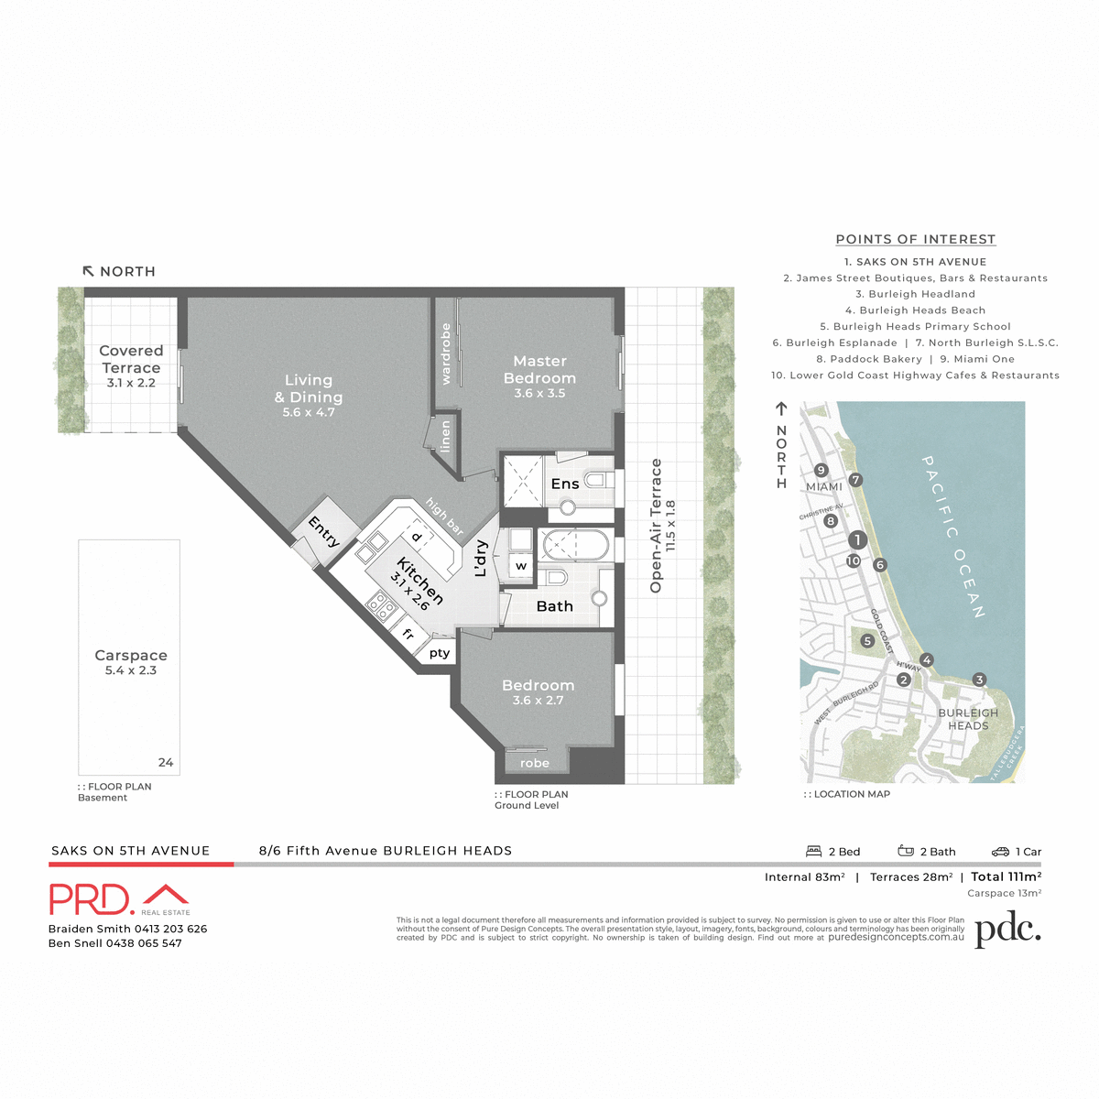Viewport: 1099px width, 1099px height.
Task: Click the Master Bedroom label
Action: pos(539,370)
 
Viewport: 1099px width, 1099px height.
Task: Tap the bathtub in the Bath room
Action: pos(574,547)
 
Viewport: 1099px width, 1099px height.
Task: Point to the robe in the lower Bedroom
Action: pos(535,763)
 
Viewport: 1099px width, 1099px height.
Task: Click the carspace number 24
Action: pos(166,762)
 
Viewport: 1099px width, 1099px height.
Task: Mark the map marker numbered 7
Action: pos(855,480)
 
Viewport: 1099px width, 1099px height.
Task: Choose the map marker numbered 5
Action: pos(867,641)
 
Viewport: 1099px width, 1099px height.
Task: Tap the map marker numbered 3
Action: pos(979,680)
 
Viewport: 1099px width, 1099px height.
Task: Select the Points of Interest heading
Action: pos(915,239)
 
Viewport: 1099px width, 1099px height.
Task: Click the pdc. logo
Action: pos(1007,930)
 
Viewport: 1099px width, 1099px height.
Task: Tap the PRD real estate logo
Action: pos(119,899)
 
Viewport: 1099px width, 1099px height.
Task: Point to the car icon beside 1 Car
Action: pos(1000,852)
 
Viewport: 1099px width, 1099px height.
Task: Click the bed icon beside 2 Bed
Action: pos(813,852)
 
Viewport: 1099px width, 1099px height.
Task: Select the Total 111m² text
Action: pos(1007,876)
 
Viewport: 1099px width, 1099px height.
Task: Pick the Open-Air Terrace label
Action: pos(656,526)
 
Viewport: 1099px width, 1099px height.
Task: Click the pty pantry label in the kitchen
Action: pos(440,653)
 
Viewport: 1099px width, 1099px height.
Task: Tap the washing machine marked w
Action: pos(521,566)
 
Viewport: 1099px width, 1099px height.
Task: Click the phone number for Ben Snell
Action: pos(144,943)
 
